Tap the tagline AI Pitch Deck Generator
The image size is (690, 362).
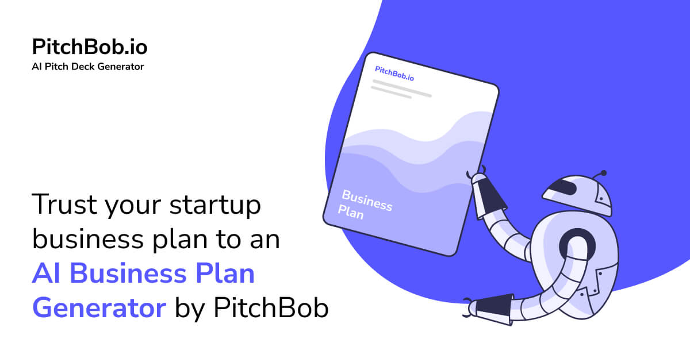point(88,67)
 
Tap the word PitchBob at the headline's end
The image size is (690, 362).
point(271,309)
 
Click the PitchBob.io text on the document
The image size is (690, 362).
point(394,73)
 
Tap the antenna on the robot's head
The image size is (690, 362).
point(600,174)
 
